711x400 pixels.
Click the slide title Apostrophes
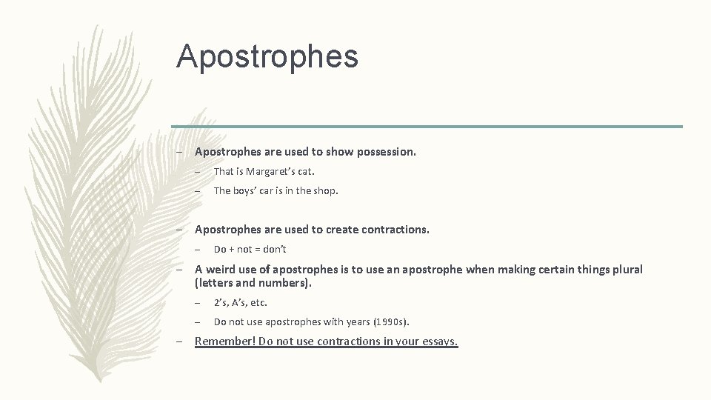point(267,57)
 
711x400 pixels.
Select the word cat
point(306,171)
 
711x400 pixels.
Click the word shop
point(326,190)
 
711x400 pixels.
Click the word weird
point(221,270)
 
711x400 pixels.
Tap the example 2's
point(221,302)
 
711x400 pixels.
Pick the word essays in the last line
point(439,341)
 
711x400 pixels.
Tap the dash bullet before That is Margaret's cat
point(198,171)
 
